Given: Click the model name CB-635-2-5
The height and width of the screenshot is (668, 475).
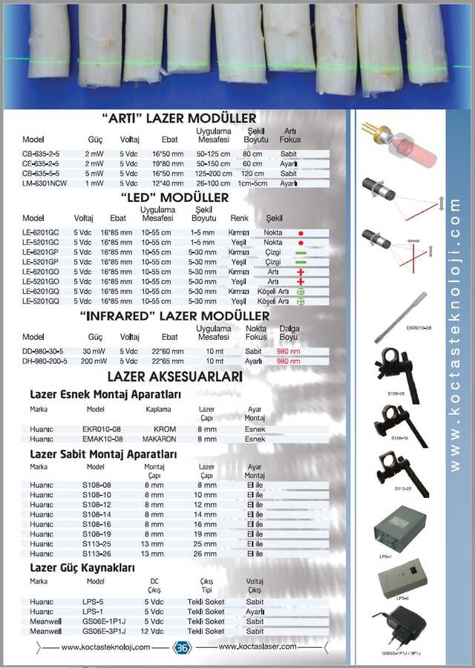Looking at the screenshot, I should [41, 154].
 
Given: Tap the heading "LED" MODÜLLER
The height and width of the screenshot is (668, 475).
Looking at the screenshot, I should [174, 198].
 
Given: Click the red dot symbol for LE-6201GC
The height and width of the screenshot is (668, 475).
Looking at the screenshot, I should [301, 243].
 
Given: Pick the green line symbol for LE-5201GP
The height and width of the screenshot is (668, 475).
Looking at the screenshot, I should [301, 262].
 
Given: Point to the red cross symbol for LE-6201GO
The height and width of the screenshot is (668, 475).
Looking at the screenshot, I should [301, 272].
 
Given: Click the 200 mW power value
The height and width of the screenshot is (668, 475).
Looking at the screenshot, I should [94, 361].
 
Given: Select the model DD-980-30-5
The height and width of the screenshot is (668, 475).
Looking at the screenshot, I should [45, 352].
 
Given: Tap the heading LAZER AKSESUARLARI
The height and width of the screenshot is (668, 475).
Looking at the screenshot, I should [175, 378].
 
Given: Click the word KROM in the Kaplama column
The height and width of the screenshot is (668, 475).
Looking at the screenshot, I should [165, 429].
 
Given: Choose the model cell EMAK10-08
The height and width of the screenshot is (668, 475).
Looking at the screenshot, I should [102, 439].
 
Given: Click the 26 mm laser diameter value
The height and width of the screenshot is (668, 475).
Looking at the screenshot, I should [206, 553].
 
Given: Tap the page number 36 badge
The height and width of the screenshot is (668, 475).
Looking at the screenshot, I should [182, 647].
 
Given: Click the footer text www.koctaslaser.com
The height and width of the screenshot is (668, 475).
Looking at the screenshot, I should [258, 646].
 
